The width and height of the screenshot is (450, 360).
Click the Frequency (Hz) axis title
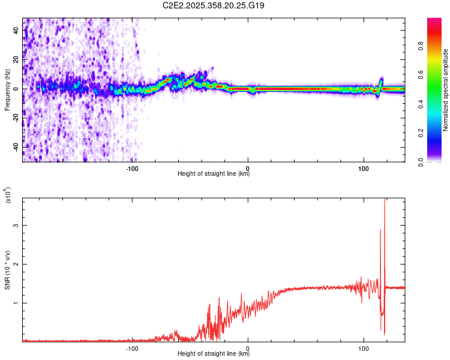point(7,89)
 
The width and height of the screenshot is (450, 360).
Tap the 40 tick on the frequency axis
point(17,31)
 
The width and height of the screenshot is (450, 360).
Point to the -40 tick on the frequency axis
point(17,146)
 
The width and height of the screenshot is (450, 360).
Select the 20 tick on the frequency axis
point(17,60)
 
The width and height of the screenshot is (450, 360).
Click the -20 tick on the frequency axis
point(17,118)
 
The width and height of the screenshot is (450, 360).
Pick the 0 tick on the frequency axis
point(17,89)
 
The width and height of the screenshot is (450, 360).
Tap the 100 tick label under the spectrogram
point(364,168)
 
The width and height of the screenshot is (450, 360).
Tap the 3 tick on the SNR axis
point(17,226)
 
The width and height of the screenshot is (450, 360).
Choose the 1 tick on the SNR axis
point(17,303)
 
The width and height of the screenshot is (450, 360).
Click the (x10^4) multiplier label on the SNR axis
point(8,195)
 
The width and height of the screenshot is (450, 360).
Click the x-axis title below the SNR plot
point(214,354)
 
